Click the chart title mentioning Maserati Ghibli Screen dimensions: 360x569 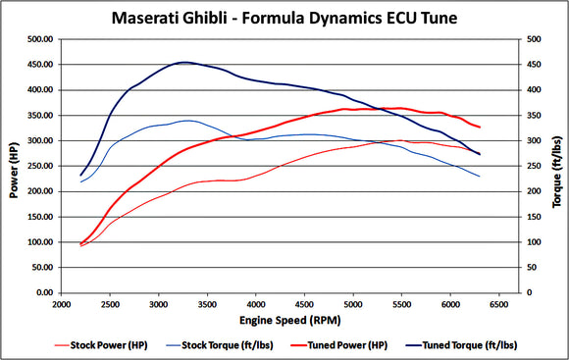click(284, 17)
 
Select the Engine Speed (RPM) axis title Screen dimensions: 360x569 click(282, 321)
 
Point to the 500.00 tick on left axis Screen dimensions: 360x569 click(40, 39)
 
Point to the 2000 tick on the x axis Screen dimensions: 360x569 click(61, 305)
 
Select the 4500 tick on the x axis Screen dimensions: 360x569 click(304, 305)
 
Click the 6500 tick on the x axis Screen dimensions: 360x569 click(498, 305)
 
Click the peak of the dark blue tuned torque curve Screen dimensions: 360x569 click(183, 63)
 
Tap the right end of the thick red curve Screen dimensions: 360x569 click(479, 128)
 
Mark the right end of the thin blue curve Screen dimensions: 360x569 click(479, 177)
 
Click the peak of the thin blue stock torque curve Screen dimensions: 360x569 click(186, 121)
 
